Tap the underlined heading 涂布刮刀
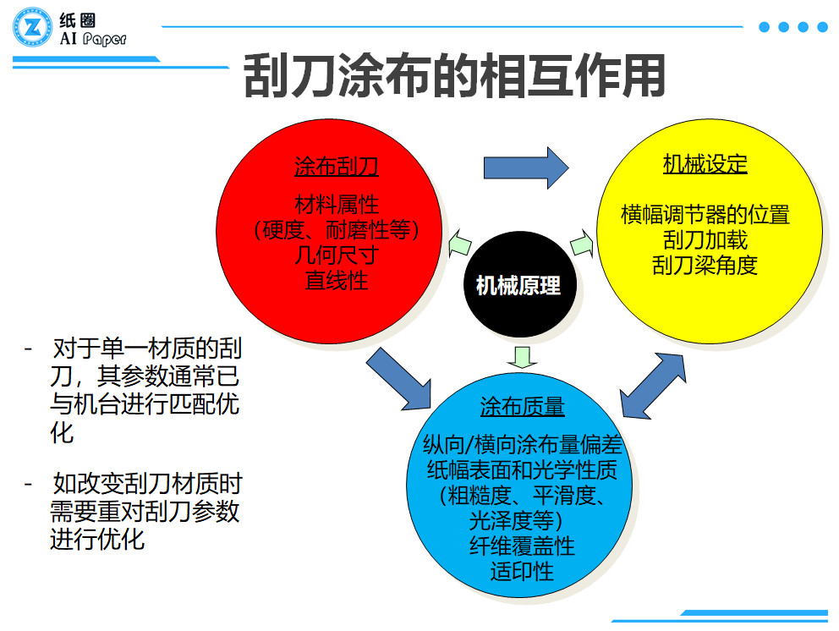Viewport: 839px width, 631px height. click(x=336, y=167)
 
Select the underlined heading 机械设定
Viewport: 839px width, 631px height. click(x=705, y=164)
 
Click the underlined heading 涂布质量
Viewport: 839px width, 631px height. click(x=522, y=407)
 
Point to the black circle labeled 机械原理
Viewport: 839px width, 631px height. click(x=518, y=286)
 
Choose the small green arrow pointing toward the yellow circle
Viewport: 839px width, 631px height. click(x=583, y=244)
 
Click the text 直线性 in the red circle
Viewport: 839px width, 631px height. click(x=336, y=280)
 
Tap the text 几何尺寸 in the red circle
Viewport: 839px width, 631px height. click(x=336, y=255)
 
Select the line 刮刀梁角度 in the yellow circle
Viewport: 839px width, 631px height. click(x=705, y=265)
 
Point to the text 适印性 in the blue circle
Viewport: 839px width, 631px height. click(x=522, y=571)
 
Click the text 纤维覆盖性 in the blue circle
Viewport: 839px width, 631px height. click(x=522, y=546)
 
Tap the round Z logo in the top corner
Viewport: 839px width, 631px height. click(x=32, y=29)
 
